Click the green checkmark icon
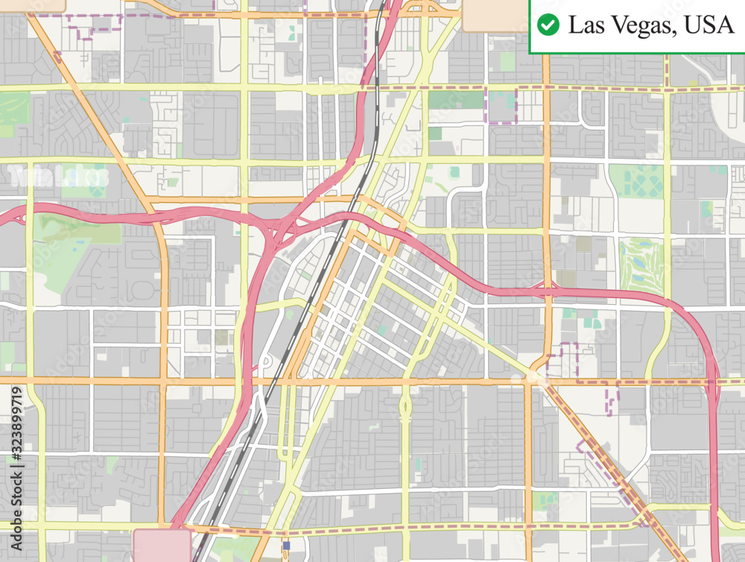548,25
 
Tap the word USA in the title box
708,25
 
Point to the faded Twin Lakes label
60,177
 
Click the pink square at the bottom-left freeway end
162,545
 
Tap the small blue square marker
286,546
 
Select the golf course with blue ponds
640,265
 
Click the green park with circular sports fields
637,181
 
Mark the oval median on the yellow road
405,406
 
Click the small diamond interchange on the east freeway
548,289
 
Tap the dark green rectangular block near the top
455,100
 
